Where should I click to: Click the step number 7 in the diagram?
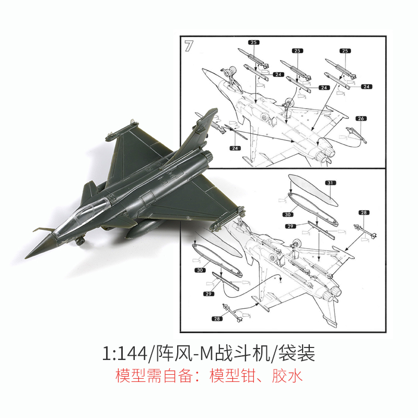[x=189, y=45]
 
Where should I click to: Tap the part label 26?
[x=361, y=119]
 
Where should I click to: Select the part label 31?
[x=330, y=183]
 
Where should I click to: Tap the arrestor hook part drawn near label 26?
[x=355, y=135]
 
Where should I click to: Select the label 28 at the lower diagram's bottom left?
[x=217, y=319]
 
